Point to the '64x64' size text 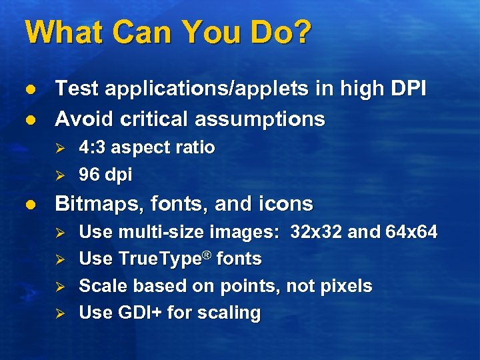point(411,232)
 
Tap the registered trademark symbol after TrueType point(208,254)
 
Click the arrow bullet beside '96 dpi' point(59,175)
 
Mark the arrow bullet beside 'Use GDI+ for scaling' point(59,313)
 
